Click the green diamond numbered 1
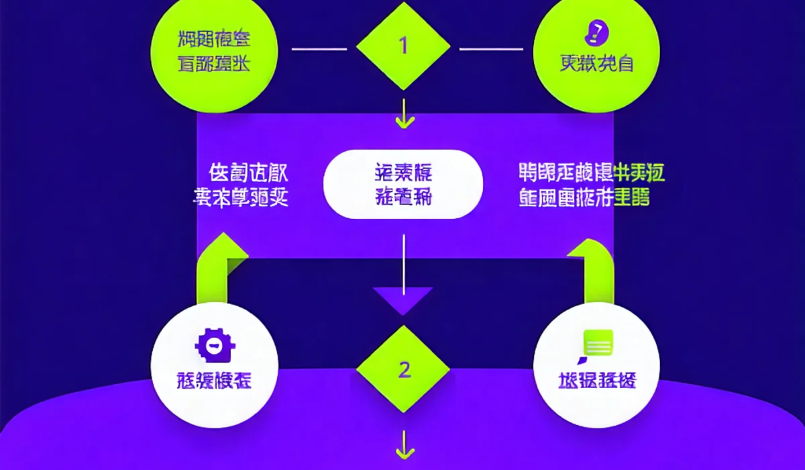[x=403, y=46]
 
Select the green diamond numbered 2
[x=403, y=369]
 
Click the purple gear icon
[x=215, y=346]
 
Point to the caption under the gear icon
[x=215, y=381]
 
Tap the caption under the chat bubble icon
[x=597, y=381]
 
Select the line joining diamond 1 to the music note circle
[x=490, y=48]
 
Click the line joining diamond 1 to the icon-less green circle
[x=319, y=48]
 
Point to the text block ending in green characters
[x=591, y=185]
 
